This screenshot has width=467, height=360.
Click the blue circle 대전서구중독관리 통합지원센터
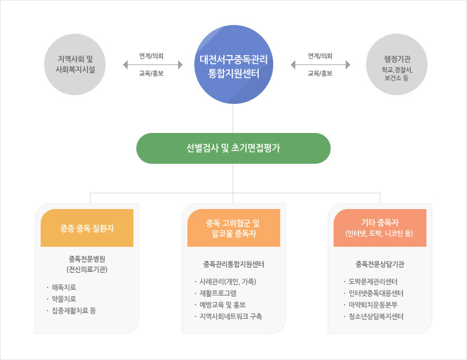tap(233, 64)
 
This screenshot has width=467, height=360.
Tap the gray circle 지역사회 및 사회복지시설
tap(75, 64)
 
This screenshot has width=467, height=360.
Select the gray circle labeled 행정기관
tap(397, 64)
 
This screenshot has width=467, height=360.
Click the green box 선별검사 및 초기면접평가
tap(233, 148)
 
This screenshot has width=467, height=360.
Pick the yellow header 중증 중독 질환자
tap(87, 228)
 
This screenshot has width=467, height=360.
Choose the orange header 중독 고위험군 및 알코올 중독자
tap(234, 228)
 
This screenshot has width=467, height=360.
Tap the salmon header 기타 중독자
tap(380, 228)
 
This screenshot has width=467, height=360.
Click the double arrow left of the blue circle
tap(153, 64)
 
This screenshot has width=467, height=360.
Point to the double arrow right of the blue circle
tap(320, 64)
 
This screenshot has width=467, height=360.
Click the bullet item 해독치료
tap(64, 287)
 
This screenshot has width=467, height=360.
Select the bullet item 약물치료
tap(64, 299)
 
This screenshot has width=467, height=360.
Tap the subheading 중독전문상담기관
tap(380, 264)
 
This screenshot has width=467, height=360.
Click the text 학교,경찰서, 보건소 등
tap(397, 74)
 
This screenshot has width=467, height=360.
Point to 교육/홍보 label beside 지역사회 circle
tap(151, 73)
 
